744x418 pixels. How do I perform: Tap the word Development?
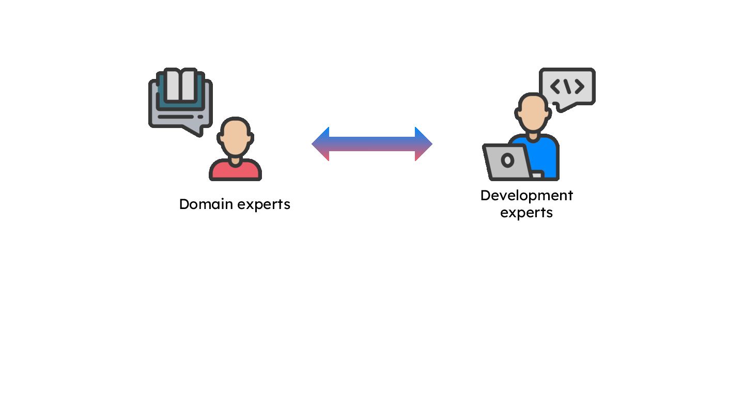pos(526,196)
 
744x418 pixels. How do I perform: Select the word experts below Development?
pos(526,213)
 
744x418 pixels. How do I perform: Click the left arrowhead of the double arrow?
pos(320,144)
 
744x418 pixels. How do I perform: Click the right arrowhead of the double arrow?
pos(423,144)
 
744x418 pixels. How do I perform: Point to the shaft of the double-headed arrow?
pos(371,144)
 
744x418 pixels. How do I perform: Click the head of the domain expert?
pos(235,137)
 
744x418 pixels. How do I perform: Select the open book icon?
pos(180,87)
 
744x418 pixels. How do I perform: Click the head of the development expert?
pos(532,112)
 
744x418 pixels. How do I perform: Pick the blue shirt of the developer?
pos(545,155)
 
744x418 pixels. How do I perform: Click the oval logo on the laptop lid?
pos(507,160)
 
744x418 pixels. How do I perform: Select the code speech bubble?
pos(567,87)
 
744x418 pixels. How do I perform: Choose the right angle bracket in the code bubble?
pos(579,87)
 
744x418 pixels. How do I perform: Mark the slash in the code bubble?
pos(567,87)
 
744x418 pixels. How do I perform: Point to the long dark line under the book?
pos(176,117)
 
